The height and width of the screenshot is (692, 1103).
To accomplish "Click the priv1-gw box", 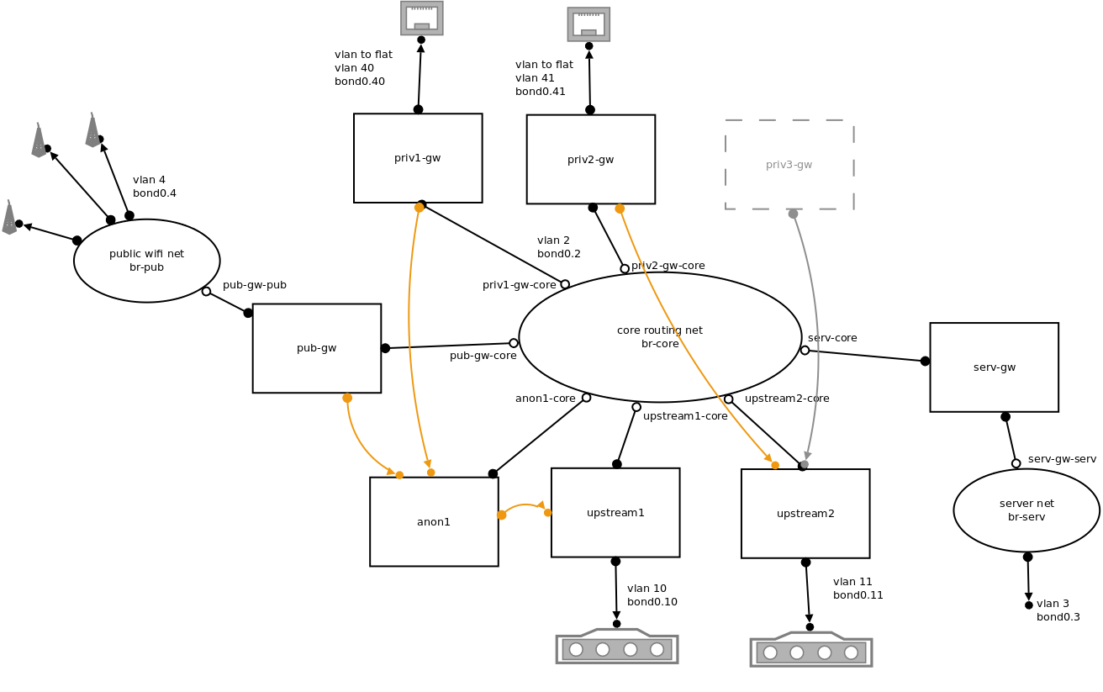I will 418,158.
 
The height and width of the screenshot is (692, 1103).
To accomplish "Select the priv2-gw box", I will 590,159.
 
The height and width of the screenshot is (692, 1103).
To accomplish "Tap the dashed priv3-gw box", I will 789,165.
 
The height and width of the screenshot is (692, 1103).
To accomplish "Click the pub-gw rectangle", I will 316,348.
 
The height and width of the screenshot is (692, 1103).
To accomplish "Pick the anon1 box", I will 434,521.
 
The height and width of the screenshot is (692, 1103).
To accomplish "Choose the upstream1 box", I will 615,512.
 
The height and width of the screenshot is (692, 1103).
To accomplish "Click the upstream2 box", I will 805,513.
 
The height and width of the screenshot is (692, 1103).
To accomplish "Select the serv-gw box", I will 994,367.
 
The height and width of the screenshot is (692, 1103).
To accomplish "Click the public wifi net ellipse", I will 146,261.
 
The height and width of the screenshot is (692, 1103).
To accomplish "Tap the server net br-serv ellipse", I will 1026,510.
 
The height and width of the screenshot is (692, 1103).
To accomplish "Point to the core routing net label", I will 660,336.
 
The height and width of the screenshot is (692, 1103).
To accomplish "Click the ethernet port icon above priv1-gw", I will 422,18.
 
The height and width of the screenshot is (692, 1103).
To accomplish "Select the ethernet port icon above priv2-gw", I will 588,24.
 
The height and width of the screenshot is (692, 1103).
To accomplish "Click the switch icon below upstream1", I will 617,647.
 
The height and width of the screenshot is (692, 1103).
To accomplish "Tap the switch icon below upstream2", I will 810,651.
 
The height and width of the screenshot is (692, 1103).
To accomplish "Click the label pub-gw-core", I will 483,356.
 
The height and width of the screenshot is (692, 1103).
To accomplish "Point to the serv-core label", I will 832,338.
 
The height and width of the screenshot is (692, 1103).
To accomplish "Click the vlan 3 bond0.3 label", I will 1058,610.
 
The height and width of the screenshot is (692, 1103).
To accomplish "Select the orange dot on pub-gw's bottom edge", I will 347,398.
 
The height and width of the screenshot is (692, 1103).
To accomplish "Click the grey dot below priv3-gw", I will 793,214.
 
